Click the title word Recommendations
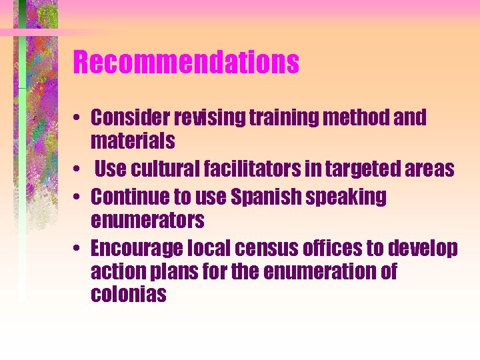pyautogui.click(x=185, y=63)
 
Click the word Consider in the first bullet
pyautogui.click(x=131, y=118)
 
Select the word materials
pyautogui.click(x=133, y=141)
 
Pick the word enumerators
pyautogui.click(x=147, y=220)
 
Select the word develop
pyautogui.click(x=425, y=249)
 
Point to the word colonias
pyautogui.click(x=128, y=295)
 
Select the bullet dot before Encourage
pyautogui.click(x=78, y=249)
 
